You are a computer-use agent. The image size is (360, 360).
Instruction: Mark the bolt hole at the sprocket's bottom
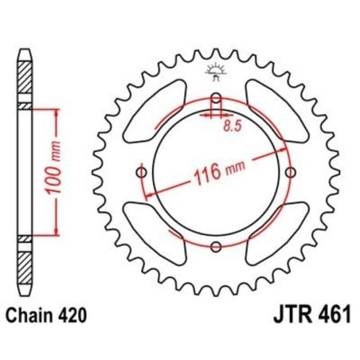216,248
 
